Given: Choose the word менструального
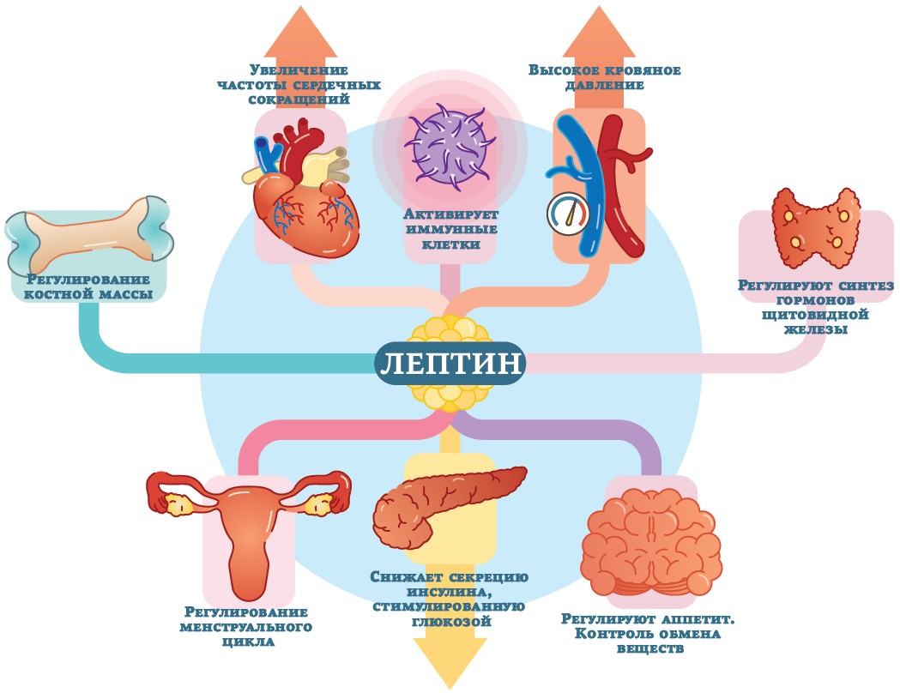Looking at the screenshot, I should tap(245, 627).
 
